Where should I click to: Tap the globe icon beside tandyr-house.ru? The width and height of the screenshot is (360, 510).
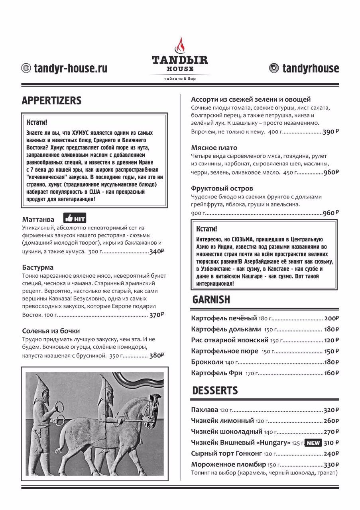(26, 68)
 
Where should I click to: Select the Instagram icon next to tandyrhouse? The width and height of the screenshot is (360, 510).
(274, 68)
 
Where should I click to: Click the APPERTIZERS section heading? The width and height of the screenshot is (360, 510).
(51, 100)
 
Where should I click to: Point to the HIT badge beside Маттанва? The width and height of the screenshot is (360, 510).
(75, 218)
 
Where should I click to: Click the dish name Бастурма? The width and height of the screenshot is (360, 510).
(38, 267)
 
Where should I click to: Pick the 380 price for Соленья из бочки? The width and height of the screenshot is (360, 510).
(156, 356)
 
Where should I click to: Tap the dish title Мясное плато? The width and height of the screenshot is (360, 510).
(214, 148)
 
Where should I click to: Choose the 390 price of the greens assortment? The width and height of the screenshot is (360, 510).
(329, 132)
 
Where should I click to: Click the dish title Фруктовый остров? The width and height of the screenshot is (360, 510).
(222, 188)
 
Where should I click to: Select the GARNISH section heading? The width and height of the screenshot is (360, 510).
(211, 300)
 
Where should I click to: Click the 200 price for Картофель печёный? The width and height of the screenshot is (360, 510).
(330, 318)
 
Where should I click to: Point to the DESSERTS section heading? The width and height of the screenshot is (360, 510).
(215, 390)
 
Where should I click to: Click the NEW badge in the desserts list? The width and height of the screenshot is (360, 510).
(313, 443)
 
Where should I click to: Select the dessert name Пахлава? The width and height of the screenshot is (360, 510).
(205, 410)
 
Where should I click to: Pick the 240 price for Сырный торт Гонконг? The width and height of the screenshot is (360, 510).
(330, 453)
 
